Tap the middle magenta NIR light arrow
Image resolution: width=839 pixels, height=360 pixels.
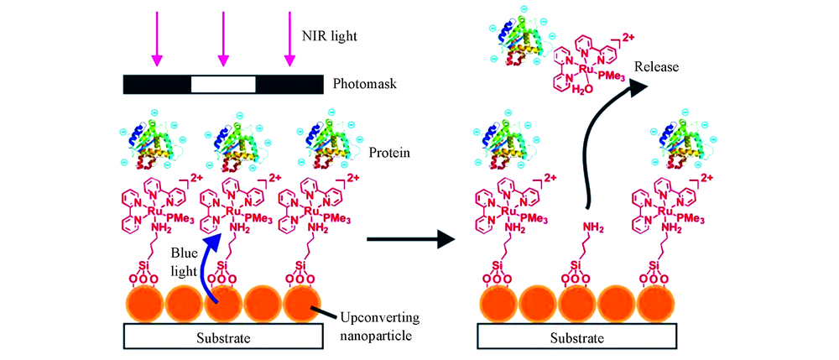click(222, 42)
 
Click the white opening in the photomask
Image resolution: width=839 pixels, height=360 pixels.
click(223, 85)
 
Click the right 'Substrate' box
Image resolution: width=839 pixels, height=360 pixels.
click(575, 338)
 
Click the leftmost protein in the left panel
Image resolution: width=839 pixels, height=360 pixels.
click(155, 138)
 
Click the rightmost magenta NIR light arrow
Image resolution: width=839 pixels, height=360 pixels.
click(289, 42)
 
